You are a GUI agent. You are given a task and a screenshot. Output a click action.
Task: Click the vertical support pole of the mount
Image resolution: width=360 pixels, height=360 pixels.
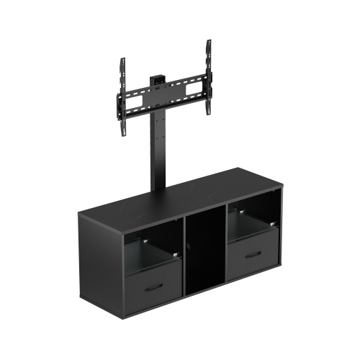(154, 155)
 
